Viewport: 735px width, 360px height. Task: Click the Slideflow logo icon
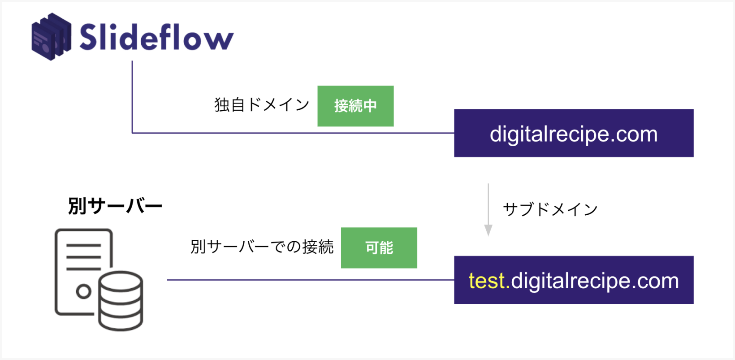coord(51,36)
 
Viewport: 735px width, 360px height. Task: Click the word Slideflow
coord(156,37)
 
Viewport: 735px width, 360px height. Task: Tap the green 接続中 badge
coord(355,106)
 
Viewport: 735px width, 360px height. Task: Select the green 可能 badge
coord(379,248)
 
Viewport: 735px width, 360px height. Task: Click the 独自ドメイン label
coord(262,105)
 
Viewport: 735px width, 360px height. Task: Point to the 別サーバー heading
coord(115,206)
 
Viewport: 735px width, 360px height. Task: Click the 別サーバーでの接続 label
coord(262,247)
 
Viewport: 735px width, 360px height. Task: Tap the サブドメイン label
coord(550,209)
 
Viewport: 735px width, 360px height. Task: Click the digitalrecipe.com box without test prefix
coord(574,133)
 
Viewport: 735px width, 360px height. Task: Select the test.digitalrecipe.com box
coord(574,280)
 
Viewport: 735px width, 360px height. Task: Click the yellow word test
coord(487,281)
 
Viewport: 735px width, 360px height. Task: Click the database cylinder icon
coord(121,301)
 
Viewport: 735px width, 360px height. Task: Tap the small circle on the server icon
coord(84,291)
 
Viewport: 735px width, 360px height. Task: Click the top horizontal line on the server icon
coord(84,245)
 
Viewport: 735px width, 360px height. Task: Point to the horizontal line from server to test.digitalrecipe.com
coord(311,280)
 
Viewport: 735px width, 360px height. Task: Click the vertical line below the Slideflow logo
coord(132,97)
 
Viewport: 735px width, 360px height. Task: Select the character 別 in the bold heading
coord(77,206)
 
